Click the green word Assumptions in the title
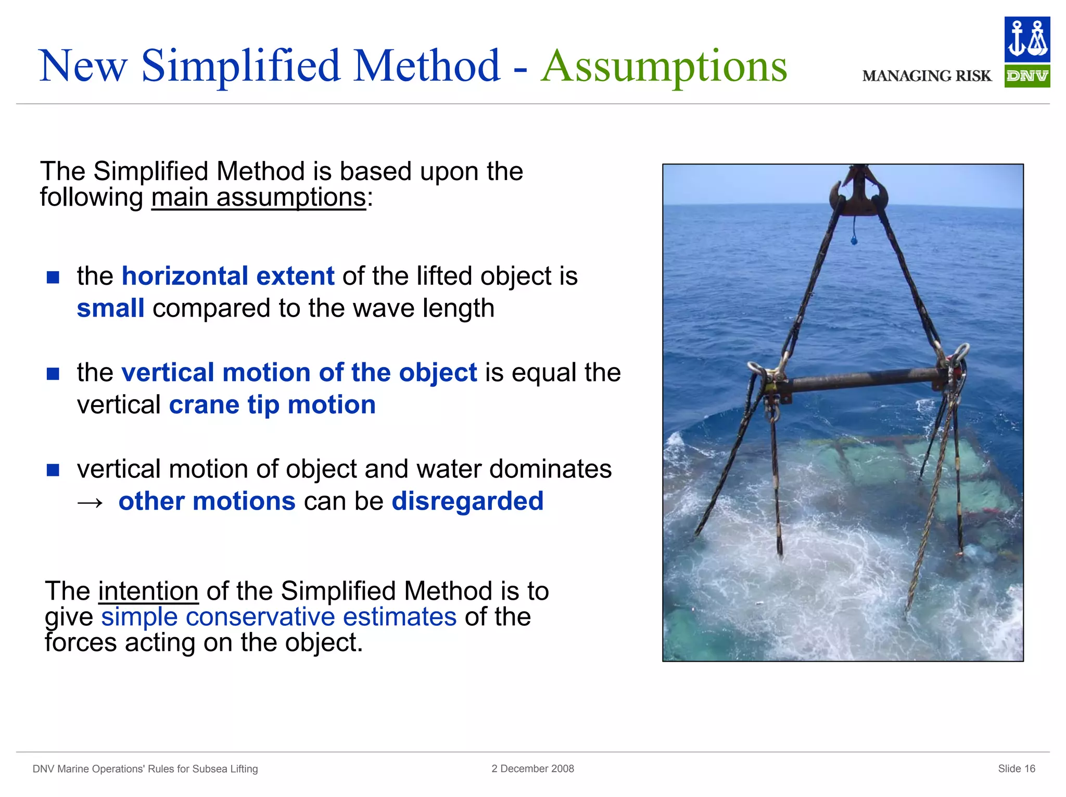664,66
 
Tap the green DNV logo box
1026,76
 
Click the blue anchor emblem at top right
1026,39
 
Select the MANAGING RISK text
927,76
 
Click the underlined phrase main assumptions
259,198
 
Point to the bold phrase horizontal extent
227,276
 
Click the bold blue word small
110,308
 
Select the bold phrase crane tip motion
272,405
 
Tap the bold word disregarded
467,501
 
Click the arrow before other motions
90,502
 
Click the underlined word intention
148,591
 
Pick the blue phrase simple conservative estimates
278,617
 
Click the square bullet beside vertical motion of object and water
53,470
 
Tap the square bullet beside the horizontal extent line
53,277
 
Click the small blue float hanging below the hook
854,241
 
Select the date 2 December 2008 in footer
532,768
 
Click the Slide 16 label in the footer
1016,768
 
